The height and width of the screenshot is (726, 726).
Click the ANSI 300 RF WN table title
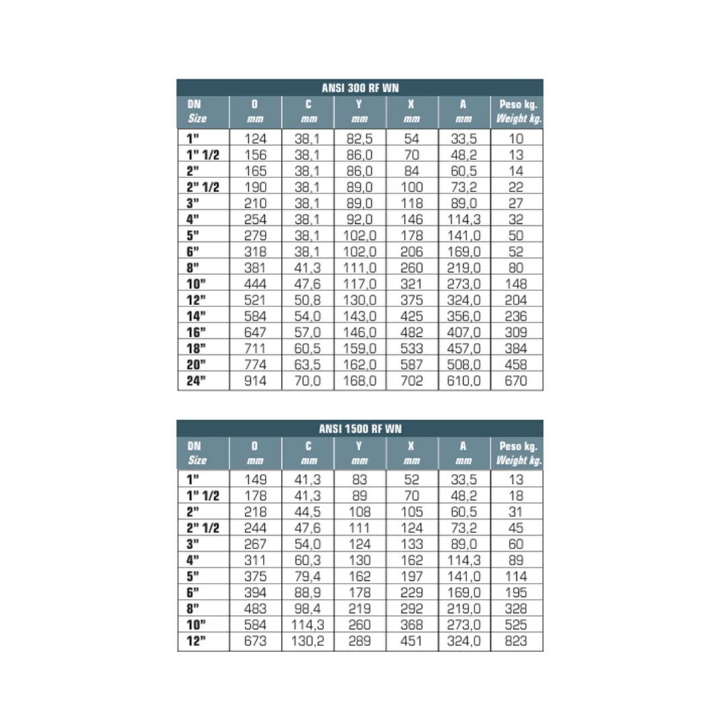360,87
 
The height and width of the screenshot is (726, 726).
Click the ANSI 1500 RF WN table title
360,428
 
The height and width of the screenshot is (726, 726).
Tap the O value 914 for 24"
255,381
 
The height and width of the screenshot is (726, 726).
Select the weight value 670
516,381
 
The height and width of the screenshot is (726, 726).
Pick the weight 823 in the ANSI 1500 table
516,641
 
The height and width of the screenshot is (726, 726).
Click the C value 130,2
308,641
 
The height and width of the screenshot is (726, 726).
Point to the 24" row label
196,381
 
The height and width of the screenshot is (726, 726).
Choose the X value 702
411,381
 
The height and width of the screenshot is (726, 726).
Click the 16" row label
196,332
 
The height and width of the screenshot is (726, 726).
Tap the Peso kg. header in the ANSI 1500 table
518,452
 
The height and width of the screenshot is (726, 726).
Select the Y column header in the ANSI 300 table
360,112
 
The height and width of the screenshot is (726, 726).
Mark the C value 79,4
308,576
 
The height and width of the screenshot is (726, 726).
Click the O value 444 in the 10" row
255,284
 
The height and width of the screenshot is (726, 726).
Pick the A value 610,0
464,381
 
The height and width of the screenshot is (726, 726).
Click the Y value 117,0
360,284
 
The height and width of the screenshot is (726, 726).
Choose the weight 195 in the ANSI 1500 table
516,592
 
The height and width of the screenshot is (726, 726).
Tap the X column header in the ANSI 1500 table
411,452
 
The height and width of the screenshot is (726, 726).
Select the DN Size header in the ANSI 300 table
197,112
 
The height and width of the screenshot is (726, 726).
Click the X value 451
411,641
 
